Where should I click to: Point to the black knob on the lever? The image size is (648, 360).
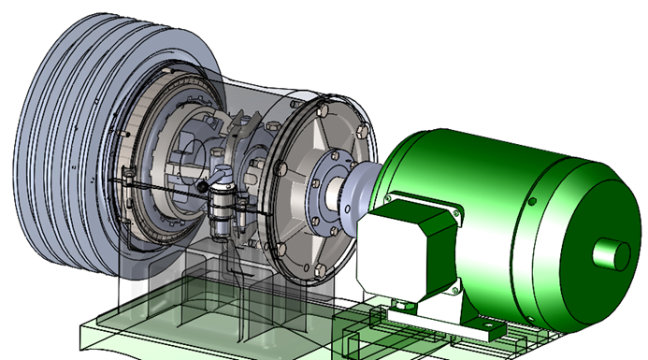(x=202, y=186)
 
